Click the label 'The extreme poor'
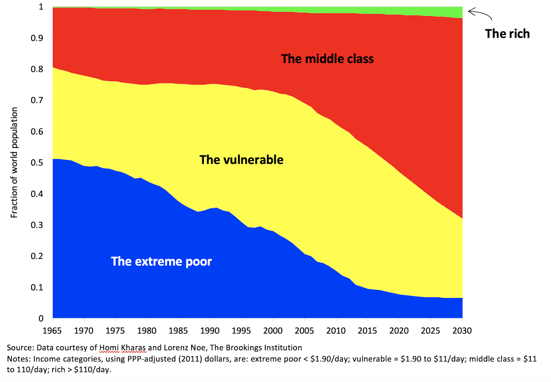point(161,262)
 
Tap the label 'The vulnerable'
point(241,160)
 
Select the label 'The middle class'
point(327,59)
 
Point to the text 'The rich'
point(507,34)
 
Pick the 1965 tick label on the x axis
point(52,331)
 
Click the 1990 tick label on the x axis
point(210,331)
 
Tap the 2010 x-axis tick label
point(336,331)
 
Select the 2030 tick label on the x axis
point(462,331)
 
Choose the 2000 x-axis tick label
point(273,331)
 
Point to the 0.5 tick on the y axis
point(37,162)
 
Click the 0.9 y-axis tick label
point(37,38)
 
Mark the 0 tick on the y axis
point(41,318)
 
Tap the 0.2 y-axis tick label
point(37,256)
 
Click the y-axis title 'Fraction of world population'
point(14,162)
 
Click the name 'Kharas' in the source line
point(134,348)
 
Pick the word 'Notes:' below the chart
point(19,359)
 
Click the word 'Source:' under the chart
point(20,348)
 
